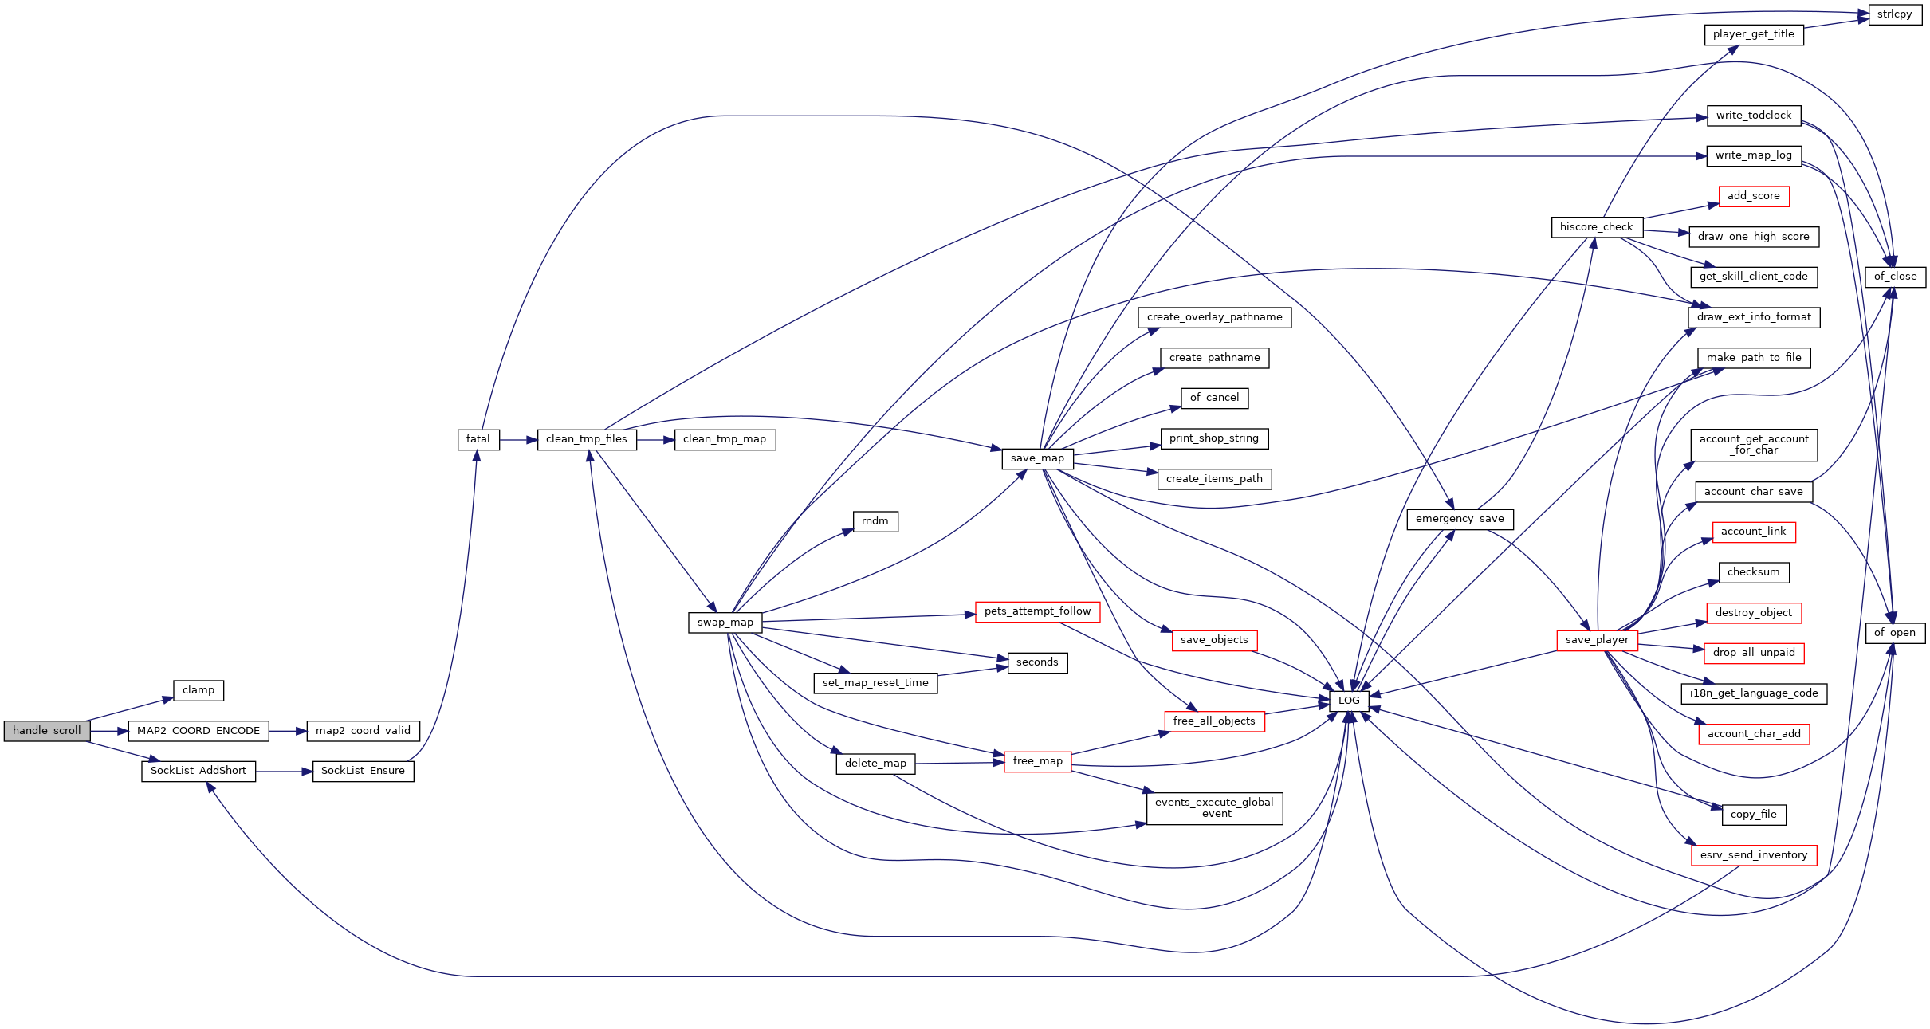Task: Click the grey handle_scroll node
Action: point(47,731)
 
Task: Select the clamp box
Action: point(199,690)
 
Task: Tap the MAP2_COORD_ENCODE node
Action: point(199,731)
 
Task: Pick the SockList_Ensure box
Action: point(363,771)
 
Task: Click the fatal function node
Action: point(478,439)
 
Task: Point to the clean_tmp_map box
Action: point(725,439)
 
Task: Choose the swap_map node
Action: point(725,623)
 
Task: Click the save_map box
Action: point(1037,458)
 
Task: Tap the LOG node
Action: point(1349,701)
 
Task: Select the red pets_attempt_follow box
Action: point(1037,611)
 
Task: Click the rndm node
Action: point(875,521)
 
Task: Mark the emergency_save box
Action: point(1460,519)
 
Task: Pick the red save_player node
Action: point(1597,640)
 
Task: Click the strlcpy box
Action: point(1894,14)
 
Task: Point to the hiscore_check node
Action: point(1596,227)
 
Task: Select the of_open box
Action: point(1894,633)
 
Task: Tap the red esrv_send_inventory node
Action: point(1754,855)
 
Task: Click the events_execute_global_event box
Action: point(1214,808)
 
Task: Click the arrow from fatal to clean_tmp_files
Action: point(518,439)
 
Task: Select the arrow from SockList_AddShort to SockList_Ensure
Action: point(284,772)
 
